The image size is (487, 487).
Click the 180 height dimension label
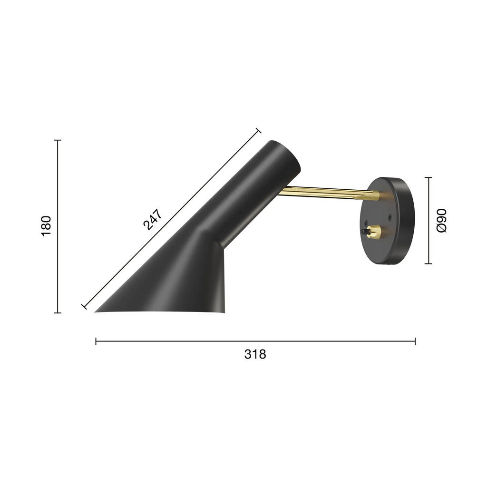click(x=46, y=226)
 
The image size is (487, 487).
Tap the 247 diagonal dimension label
click(x=153, y=219)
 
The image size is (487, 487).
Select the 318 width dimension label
click(x=255, y=354)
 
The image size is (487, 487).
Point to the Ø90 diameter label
click(x=441, y=220)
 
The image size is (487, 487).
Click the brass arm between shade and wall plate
click(x=328, y=192)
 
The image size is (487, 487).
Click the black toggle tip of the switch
click(x=365, y=232)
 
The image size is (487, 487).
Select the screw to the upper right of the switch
click(x=390, y=218)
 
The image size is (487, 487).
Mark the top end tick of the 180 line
click(x=58, y=140)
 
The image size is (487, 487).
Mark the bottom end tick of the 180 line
click(x=58, y=312)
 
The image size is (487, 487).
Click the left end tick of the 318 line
click(x=96, y=341)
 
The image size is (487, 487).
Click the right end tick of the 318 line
click(x=415, y=341)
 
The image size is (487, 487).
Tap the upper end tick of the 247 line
click(x=259, y=131)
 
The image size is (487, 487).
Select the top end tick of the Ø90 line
click(x=428, y=177)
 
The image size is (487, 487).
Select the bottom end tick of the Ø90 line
click(x=428, y=263)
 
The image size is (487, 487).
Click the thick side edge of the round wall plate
click(x=407, y=224)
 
